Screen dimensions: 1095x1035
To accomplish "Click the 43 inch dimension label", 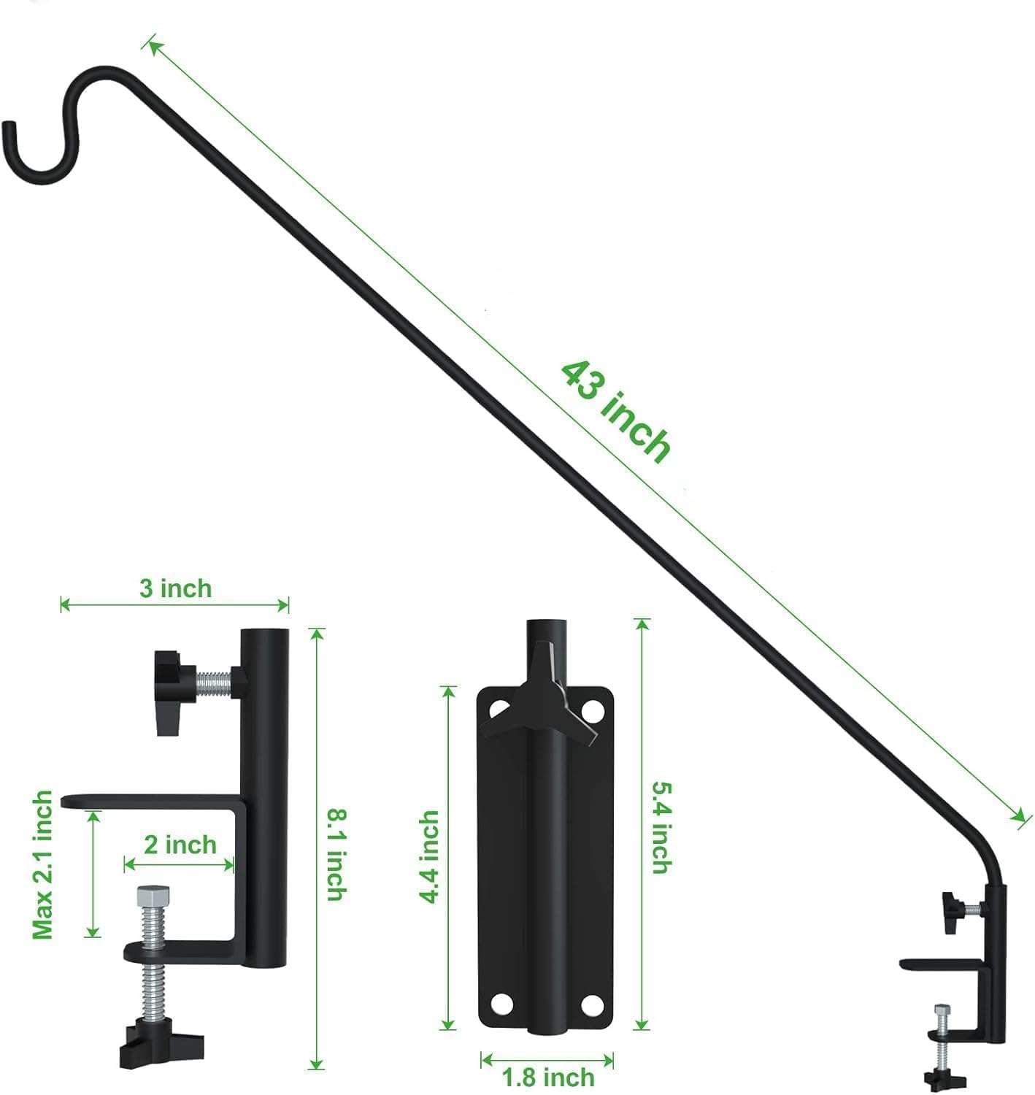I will (615, 412).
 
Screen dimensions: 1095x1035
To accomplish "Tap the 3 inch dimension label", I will (175, 588).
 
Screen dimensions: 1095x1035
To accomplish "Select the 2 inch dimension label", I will (180, 845).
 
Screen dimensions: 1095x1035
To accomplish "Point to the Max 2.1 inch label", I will (42, 865).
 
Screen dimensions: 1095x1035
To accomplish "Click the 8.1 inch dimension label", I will (335, 854).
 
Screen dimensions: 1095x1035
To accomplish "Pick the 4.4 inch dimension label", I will (430, 856).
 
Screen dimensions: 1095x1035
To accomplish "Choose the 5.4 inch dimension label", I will (661, 827).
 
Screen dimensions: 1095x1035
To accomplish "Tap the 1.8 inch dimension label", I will (548, 1077).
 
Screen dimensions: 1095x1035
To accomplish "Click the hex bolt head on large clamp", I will (153, 895).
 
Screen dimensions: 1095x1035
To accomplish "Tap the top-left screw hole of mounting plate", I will (500, 708).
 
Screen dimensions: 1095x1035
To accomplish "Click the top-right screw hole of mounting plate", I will (593, 708).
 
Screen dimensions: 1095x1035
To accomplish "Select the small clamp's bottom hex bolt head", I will (942, 1010).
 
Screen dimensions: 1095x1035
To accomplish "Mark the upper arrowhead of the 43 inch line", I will (152, 45).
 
